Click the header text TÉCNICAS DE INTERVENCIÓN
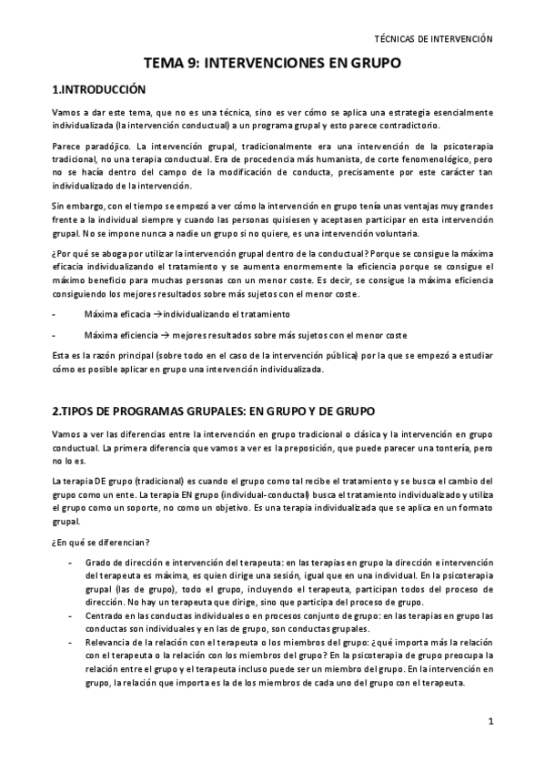click(x=433, y=40)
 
